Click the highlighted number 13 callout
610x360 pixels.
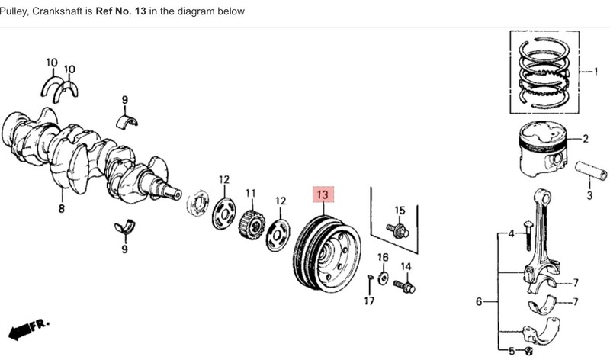coord(323,194)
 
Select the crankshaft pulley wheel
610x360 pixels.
coord(326,254)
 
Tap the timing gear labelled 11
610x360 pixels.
coord(252,224)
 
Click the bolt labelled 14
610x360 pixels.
coord(404,287)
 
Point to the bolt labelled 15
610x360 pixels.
coord(397,230)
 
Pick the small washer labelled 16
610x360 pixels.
coord(384,278)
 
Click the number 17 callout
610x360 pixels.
coord(369,301)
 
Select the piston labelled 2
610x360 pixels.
coord(544,149)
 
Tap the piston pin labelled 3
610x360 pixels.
coord(591,170)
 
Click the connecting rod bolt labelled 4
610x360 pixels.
coord(528,236)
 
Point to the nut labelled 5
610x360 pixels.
coord(528,351)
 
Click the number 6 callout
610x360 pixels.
coord(479,301)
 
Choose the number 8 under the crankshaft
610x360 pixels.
coord(62,209)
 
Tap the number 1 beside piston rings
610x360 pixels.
coord(596,72)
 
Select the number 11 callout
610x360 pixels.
coord(251,194)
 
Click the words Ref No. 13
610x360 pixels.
coord(120,11)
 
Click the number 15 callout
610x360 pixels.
coord(400,211)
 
